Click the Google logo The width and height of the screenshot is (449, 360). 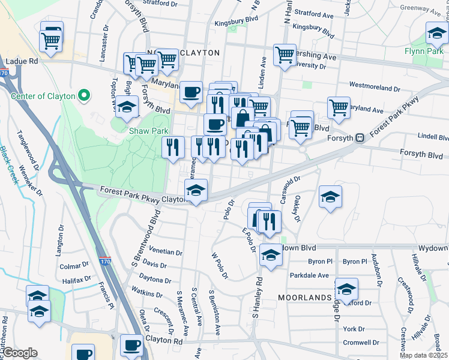click(20, 352)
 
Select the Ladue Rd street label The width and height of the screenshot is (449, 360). click(22, 61)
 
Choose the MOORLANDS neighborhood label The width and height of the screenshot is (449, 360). click(304, 298)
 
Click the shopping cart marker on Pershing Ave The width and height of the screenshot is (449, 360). click(285, 55)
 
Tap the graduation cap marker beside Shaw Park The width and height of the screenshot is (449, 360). click(127, 107)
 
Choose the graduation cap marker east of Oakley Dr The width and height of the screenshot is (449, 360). click(330, 196)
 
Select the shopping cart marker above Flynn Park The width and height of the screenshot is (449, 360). click(437, 32)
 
